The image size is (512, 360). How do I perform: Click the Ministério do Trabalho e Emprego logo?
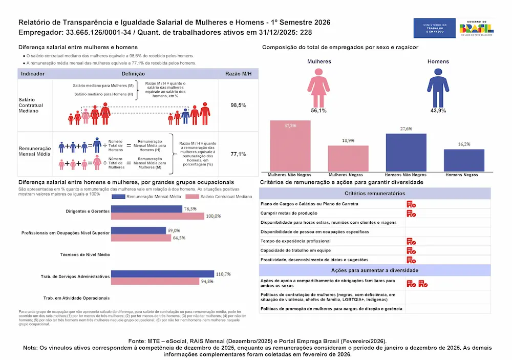click(x=434, y=28)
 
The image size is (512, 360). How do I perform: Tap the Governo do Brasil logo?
click(x=476, y=28)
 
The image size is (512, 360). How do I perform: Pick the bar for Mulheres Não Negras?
click(x=290, y=145)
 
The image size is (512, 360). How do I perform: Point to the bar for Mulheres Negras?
click(x=348, y=158)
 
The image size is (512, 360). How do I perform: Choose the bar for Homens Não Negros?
click(x=406, y=152)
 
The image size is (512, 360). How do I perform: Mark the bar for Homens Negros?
click(x=464, y=160)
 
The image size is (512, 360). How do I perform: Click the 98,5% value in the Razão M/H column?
click(x=239, y=105)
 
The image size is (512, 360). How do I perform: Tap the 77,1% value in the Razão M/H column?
click(x=239, y=154)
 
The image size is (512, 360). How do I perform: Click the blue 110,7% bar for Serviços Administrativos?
click(x=162, y=274)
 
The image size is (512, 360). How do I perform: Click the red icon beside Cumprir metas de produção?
click(x=411, y=213)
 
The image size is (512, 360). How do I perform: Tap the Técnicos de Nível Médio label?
click(x=84, y=255)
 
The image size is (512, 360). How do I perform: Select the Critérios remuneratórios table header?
click(x=375, y=194)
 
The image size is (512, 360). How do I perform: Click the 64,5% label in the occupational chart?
click(x=179, y=238)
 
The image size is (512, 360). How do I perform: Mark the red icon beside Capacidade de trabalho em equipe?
click(x=411, y=250)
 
